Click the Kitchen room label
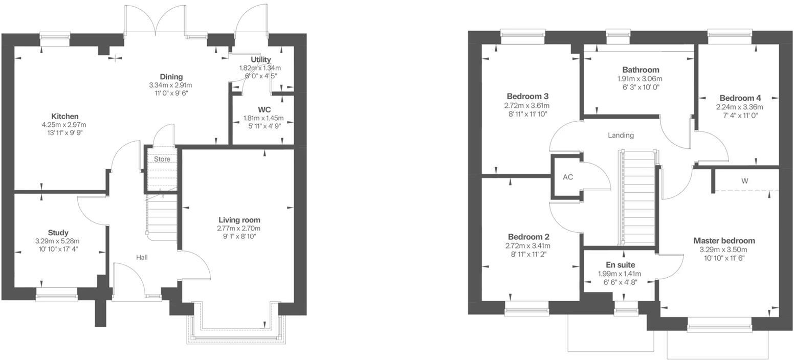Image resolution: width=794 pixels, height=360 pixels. click(x=64, y=116)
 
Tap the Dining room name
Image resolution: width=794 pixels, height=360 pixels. click(x=171, y=77)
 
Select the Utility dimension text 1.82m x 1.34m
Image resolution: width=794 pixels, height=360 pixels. click(x=260, y=68)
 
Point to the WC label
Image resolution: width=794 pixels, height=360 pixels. click(x=264, y=109)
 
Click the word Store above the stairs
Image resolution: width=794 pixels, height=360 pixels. click(x=162, y=159)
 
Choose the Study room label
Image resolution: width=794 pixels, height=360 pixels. click(x=58, y=233)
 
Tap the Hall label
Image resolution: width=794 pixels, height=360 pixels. click(x=142, y=257)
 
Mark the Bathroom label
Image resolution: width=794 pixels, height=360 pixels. click(x=641, y=70)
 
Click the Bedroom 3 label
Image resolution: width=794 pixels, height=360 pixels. click(x=527, y=96)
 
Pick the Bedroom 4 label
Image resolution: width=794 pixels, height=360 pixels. click(x=740, y=98)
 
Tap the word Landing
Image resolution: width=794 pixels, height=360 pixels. click(x=621, y=136)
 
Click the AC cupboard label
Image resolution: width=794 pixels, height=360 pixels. click(x=567, y=177)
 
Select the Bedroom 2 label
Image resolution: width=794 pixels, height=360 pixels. click(x=528, y=237)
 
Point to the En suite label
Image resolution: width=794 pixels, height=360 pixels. click(x=620, y=265)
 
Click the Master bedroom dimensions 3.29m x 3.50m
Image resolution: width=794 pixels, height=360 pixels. click(x=723, y=250)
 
